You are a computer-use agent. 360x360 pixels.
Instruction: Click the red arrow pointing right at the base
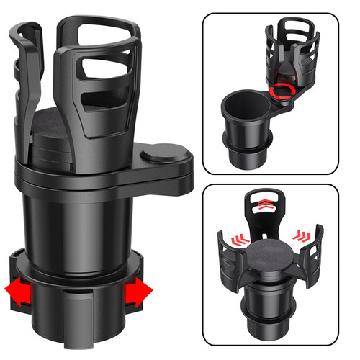click(x=140, y=293)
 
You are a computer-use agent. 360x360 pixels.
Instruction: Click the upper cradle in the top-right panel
click(x=292, y=50)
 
